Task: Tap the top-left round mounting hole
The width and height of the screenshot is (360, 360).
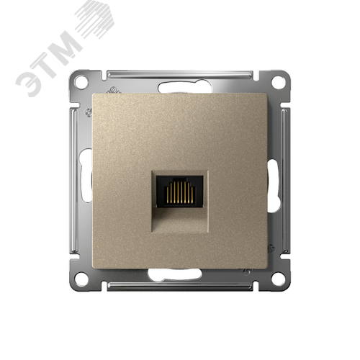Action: pos(81,82)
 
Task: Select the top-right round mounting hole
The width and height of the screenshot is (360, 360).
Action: pos(278,82)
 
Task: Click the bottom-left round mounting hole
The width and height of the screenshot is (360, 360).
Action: pos(81,279)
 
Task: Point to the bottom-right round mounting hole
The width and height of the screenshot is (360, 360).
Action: pos(278,279)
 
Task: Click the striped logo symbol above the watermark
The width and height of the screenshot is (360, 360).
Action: pos(95,19)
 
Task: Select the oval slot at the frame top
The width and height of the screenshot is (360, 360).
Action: pos(184,86)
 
